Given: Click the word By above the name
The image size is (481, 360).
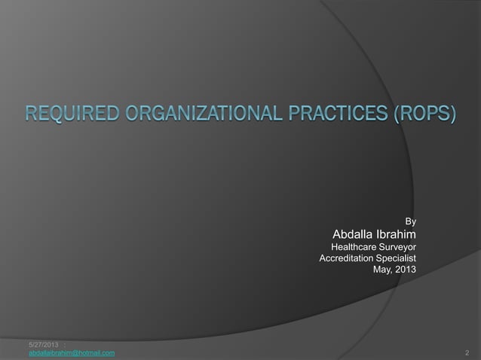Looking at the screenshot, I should point(411,221).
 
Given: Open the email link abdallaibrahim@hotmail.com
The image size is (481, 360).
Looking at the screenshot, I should point(72,353).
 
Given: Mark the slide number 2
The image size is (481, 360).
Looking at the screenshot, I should point(468,352).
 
